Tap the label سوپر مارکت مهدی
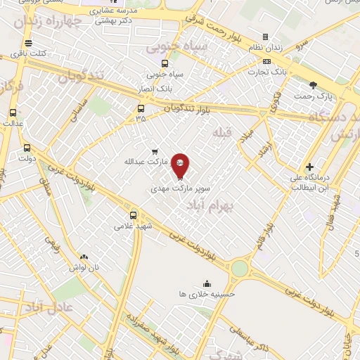coord(180,189)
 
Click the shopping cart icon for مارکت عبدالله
coord(155,150)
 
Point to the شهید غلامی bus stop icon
coord(134,215)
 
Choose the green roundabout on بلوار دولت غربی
coord(240,269)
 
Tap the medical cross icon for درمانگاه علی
coord(310,167)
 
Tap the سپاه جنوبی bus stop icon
coord(165,63)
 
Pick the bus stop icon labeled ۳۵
coord(141,108)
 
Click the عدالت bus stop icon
coord(13,112)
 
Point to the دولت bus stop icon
coord(27,148)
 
